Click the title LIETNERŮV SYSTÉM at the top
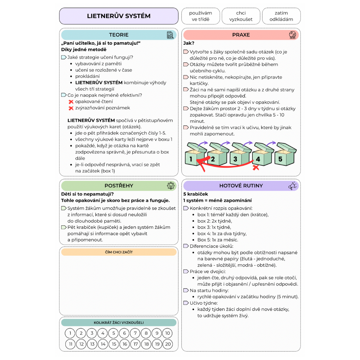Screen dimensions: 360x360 tap(119, 16)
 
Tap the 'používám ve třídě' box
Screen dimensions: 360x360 tap(201, 16)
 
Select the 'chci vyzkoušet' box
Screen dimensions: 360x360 tap(241, 16)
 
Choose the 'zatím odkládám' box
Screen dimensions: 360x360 tap(281, 16)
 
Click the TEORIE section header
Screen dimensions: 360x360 tap(119, 35)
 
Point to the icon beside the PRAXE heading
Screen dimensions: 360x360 tap(293, 35)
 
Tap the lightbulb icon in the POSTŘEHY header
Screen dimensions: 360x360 tap(171, 186)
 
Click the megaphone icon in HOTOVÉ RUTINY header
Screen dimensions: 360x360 tap(293, 186)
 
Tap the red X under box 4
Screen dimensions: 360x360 tap(256, 168)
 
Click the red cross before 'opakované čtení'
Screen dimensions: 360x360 tap(71, 102)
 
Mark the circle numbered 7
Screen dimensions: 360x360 tap(135, 333)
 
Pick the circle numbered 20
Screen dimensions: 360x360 tap(167, 344)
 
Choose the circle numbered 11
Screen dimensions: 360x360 tap(70, 344)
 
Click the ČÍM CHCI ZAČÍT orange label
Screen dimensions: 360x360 tap(119, 252)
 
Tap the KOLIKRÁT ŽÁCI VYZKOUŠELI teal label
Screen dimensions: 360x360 tap(119, 323)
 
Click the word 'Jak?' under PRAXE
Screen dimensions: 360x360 tap(189, 43)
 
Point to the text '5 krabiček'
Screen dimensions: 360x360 tap(196, 194)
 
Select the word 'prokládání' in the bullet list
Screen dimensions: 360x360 tap(87, 76)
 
